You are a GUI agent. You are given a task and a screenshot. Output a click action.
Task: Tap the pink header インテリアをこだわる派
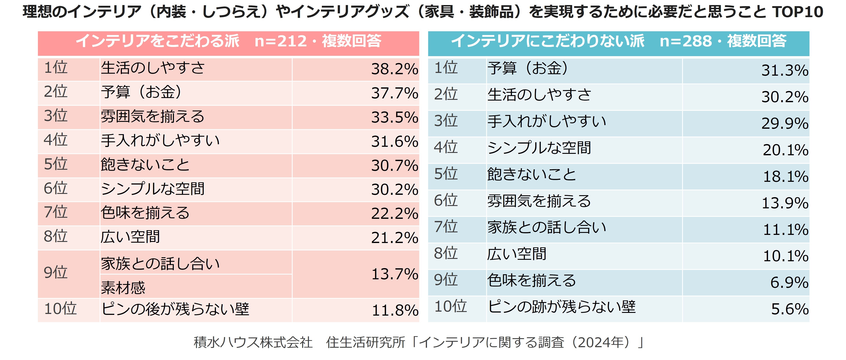158,41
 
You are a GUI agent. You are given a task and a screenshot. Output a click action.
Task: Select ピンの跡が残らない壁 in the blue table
562,307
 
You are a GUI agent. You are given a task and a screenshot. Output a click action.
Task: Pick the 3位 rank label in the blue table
446,121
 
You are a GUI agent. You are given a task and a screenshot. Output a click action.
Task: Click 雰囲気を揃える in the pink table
152,117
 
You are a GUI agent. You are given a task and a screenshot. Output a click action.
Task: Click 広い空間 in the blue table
517,254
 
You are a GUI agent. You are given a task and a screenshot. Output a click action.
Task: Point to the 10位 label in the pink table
60,309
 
